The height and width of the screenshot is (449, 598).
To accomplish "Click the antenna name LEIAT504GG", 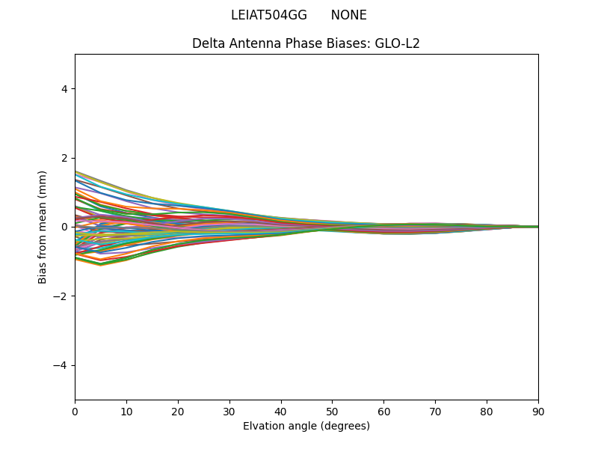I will click(269, 15).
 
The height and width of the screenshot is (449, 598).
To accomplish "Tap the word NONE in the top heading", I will click(348, 15).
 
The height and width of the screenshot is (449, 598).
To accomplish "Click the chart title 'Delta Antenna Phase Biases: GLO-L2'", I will click(306, 43).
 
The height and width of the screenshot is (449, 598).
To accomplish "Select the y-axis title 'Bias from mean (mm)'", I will click(43, 227).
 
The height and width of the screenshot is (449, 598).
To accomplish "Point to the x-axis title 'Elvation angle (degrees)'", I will click(306, 426).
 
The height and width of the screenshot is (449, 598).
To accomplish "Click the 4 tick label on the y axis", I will click(64, 89).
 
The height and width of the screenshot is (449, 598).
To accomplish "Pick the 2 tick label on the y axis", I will click(64, 158).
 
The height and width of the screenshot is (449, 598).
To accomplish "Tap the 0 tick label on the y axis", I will click(64, 227).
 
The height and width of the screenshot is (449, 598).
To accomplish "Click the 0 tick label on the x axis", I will click(75, 411).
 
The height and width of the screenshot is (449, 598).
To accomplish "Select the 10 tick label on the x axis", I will click(126, 411).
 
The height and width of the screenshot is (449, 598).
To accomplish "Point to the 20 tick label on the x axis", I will click(178, 411).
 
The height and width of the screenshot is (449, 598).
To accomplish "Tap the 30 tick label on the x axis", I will click(229, 411).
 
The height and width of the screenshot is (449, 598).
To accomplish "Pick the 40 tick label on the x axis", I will click(281, 411).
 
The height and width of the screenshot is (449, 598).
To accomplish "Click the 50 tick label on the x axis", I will click(332, 411).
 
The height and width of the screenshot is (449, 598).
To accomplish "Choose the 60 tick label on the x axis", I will click(383, 411).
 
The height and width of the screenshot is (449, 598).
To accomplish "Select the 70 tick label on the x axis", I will click(435, 411).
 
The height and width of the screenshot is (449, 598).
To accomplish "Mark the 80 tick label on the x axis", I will click(487, 411).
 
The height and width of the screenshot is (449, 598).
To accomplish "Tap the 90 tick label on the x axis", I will click(538, 411).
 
